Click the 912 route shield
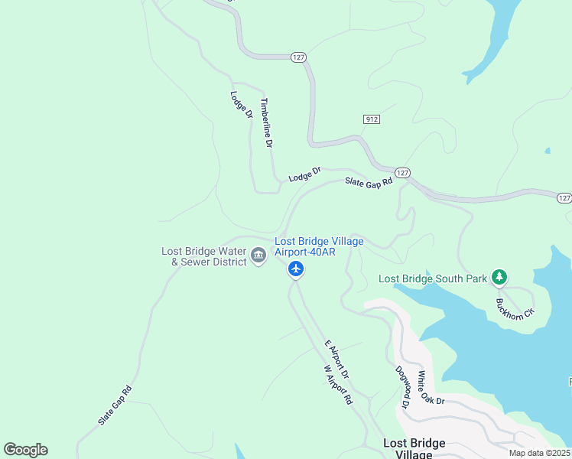[371, 119]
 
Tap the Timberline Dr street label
[267, 122]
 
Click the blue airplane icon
[296, 269]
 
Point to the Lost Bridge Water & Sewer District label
[203, 256]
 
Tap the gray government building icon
[258, 256]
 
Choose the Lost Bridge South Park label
[433, 278]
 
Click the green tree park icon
[499, 276]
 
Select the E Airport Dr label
[336, 360]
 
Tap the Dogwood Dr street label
[402, 387]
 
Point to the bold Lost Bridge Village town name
[413, 448]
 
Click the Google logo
[25, 450]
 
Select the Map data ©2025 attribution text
[538, 453]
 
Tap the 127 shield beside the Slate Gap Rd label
[403, 173]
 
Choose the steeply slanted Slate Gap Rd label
[115, 405]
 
